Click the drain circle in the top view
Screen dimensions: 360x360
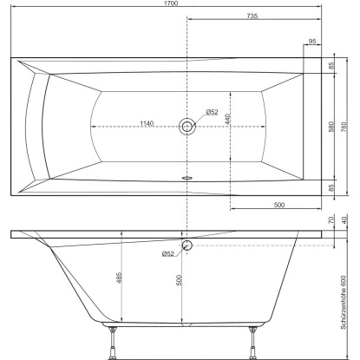point(187,128)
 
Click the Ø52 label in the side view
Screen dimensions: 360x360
point(168,253)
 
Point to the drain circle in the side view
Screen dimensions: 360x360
point(187,246)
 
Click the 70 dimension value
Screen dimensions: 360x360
point(331,221)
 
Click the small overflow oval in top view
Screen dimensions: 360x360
point(187,172)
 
